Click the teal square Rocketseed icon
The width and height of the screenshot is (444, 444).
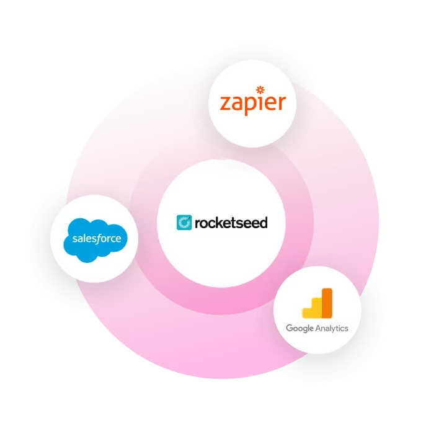click(x=184, y=222)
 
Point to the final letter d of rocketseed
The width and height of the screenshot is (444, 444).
click(x=264, y=222)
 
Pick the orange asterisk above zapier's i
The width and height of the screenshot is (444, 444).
click(x=260, y=90)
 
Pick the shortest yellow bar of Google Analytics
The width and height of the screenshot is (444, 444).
click(x=306, y=314)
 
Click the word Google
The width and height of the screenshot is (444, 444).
click(x=300, y=328)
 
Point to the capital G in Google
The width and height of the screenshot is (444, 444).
click(x=289, y=328)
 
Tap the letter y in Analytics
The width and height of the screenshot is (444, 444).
click(x=335, y=329)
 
